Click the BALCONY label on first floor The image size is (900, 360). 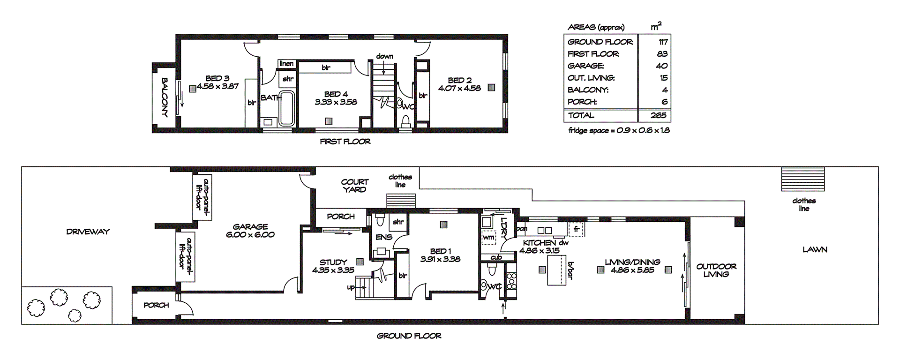click(165, 97)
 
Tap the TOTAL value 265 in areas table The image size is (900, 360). click(658, 115)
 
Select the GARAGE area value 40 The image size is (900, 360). click(661, 66)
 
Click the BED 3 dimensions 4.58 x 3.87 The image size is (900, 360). click(217, 86)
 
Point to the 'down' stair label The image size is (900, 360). click(384, 56)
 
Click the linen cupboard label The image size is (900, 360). click(286, 64)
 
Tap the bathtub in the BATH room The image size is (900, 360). click(286, 109)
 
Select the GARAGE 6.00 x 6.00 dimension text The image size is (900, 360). click(250, 235)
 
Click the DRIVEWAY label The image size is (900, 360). click(88, 232)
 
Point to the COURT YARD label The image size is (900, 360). click(354, 186)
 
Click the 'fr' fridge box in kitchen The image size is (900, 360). click(576, 229)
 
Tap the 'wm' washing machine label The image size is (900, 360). click(488, 238)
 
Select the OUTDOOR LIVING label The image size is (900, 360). click(716, 270)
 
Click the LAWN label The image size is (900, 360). click(815, 250)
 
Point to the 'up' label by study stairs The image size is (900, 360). click(351, 287)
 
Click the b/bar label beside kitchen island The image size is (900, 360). click(570, 270)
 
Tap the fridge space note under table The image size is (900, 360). click(619, 131)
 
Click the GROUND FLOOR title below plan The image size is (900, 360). click(409, 336)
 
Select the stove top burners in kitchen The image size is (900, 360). click(511, 280)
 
